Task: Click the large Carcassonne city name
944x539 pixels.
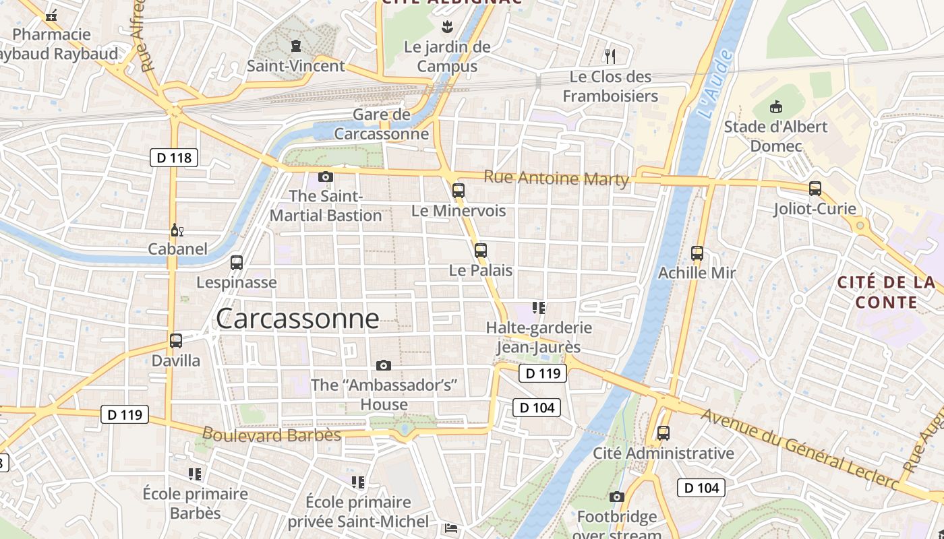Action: coord(297,319)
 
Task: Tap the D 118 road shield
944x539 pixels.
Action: coord(174,158)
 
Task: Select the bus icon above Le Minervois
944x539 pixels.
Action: coord(459,191)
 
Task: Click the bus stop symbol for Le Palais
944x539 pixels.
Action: coord(480,251)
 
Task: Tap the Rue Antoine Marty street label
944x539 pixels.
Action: coord(556,179)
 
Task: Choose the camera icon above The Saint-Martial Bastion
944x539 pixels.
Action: coord(326,177)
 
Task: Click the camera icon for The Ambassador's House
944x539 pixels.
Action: coord(384,366)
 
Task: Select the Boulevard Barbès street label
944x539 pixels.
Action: coord(271,435)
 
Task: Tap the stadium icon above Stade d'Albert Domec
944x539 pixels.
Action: coord(775,107)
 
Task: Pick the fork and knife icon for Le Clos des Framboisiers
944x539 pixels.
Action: coord(611,56)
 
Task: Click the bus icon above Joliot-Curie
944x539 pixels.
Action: coord(815,189)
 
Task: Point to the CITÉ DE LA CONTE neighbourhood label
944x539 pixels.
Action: coord(886,292)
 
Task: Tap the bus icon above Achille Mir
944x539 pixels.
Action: coord(697,253)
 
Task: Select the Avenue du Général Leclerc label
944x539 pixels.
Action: coord(800,449)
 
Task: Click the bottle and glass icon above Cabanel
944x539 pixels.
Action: coord(177,230)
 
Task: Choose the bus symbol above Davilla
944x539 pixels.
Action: coord(176,341)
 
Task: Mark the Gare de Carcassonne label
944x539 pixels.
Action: coord(382,124)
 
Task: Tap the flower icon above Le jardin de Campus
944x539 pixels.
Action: coord(446,28)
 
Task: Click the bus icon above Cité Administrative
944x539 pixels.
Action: coord(663,433)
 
